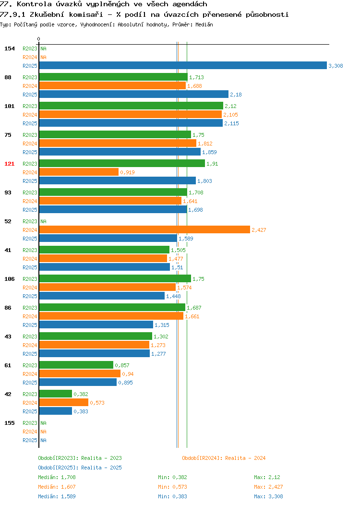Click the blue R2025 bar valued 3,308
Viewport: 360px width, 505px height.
(183, 65)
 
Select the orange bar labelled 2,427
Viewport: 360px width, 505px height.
(144, 229)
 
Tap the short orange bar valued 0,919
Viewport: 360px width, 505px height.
(79, 172)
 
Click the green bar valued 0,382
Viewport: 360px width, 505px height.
(56, 394)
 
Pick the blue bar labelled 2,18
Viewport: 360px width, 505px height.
(134, 94)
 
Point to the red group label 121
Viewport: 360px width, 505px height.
(9, 164)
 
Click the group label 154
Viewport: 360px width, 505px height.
(9, 48)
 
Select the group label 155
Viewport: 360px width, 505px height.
(9, 423)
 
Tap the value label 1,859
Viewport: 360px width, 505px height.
(209, 152)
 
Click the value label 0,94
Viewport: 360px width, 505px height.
(128, 374)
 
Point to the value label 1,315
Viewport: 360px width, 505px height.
(162, 325)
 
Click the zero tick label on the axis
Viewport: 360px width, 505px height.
(39, 39)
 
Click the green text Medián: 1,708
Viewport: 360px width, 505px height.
(57, 477)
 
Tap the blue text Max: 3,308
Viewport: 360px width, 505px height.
(268, 496)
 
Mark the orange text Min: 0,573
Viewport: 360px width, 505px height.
(172, 487)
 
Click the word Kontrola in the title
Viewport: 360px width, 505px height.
(34, 4)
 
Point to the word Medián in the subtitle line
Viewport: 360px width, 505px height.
(204, 24)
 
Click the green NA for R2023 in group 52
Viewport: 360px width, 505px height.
(44, 221)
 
